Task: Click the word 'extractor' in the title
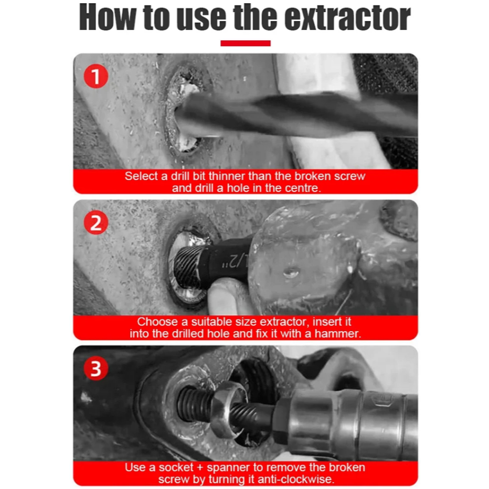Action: (347, 17)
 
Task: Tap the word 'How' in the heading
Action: (107, 17)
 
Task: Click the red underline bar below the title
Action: (246, 44)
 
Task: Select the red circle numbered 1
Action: (95, 76)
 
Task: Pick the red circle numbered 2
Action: (95, 222)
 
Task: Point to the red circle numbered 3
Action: (95, 368)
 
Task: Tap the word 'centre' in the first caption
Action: (304, 188)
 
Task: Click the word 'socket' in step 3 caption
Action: (176, 467)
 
